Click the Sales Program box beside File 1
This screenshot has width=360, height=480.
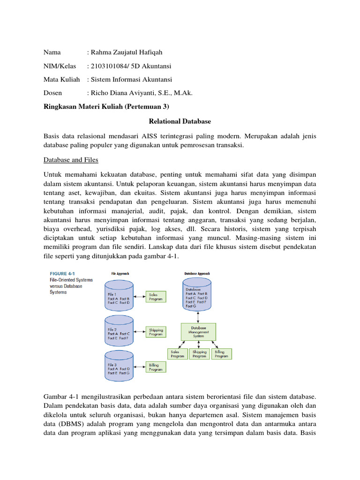pos(156,296)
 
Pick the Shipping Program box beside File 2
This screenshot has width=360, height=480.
pos(156,332)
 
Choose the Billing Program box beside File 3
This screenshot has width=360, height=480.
pos(156,367)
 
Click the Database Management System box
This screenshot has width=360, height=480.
pos(198,331)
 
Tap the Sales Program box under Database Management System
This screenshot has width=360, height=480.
pos(177,354)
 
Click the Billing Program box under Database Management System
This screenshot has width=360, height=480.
pos(221,354)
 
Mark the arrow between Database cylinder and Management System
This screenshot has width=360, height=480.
pos(197,318)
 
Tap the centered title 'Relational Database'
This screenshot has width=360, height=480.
pos(180,121)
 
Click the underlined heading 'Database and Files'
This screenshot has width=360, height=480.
pos(71,160)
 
